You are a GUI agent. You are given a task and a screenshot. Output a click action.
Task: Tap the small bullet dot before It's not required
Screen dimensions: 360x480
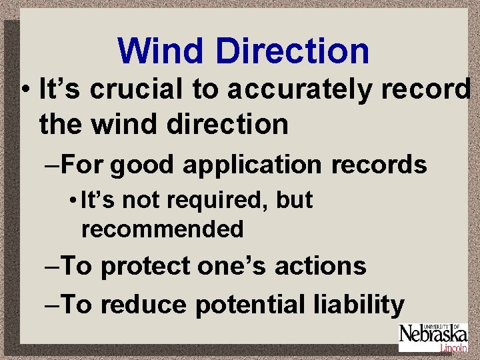(71, 201)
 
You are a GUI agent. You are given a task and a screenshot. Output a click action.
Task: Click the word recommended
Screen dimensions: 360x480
(162, 229)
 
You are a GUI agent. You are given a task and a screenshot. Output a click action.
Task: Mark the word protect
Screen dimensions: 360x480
(145, 266)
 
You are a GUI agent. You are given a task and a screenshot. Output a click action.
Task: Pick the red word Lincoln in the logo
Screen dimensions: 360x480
(453, 348)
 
